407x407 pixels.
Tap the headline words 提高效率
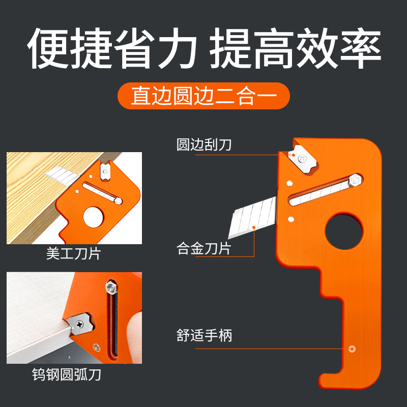[295, 50]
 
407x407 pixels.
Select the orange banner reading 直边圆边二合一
[203, 96]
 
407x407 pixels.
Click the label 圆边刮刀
[203, 144]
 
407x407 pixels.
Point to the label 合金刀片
[203, 249]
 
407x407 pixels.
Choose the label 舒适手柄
[203, 336]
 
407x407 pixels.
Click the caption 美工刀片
[73, 254]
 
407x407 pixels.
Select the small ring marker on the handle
[352, 349]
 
